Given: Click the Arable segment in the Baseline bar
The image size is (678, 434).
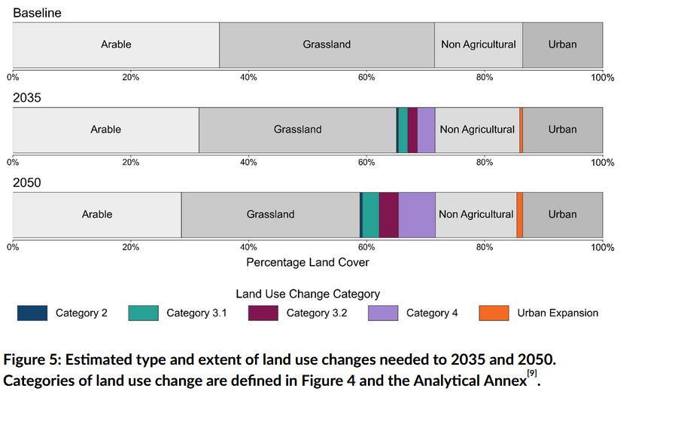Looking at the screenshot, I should [x=116, y=44].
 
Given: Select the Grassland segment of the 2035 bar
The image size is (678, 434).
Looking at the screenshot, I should [x=297, y=130].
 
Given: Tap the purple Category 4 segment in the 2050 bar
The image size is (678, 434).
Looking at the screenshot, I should [x=417, y=214].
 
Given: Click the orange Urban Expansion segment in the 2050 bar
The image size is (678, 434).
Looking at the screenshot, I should [x=520, y=214].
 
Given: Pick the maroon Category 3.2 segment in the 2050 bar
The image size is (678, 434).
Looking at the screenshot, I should [x=389, y=214].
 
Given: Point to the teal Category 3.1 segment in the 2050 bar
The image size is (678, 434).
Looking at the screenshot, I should [x=370, y=214].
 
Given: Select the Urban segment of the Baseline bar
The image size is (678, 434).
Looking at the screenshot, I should [x=562, y=44].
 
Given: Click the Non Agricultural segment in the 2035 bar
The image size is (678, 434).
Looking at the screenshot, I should [x=477, y=130].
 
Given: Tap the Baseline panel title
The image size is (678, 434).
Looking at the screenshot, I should [x=37, y=13].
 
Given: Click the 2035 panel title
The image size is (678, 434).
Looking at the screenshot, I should [x=27, y=98].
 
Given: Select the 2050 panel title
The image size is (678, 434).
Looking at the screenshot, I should [x=27, y=183].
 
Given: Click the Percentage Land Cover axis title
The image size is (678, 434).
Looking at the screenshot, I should [x=308, y=262].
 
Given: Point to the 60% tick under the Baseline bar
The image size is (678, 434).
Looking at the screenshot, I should [x=366, y=78].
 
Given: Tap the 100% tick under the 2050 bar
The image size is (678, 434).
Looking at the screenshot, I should [x=602, y=248].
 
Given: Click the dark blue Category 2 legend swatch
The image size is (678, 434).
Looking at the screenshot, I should [x=32, y=313].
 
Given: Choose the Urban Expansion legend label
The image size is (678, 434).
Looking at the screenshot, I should [x=558, y=313].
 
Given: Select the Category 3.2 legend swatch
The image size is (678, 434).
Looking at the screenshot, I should [x=263, y=313].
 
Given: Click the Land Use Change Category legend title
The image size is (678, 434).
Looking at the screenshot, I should [x=308, y=294].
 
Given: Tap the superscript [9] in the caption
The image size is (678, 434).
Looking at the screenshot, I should [x=532, y=373].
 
